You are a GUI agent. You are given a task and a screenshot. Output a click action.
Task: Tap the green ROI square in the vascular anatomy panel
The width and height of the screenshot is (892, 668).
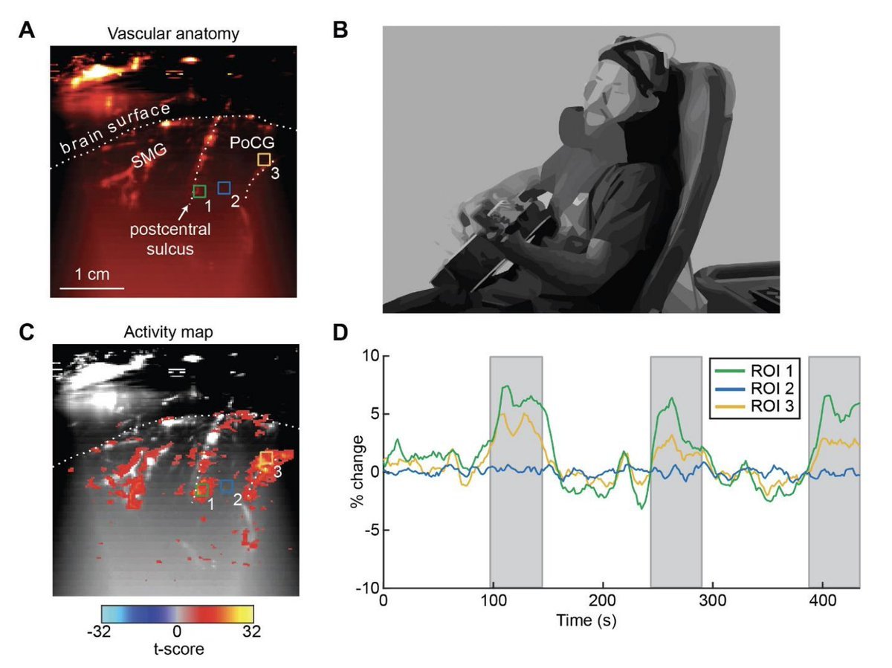tap(199, 192)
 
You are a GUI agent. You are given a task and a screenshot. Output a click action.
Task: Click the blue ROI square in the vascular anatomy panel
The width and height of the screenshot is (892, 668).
tap(224, 187)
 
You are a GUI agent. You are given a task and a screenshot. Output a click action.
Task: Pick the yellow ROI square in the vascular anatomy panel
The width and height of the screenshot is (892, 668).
tap(263, 159)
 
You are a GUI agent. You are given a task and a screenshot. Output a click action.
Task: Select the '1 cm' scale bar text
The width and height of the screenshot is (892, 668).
tap(91, 274)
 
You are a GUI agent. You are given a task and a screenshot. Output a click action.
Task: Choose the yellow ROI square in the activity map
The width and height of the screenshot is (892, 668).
tap(266, 457)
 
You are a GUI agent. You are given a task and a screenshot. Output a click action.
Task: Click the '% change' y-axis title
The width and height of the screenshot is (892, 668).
tap(357, 472)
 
